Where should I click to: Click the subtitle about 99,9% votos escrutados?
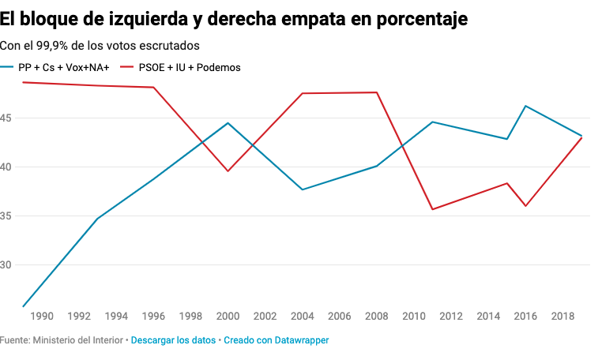(100, 46)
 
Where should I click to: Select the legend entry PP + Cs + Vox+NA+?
(63, 67)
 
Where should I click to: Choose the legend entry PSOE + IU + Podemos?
(189, 67)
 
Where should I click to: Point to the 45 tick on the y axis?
(6, 118)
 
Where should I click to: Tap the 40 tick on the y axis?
(6, 167)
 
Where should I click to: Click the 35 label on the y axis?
(6, 216)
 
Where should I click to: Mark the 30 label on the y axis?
(6, 265)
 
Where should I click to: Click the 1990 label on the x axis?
(41, 317)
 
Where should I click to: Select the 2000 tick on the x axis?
(228, 317)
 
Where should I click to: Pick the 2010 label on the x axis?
(414, 317)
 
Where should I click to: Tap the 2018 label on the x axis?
(563, 317)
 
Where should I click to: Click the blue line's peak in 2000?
(228, 123)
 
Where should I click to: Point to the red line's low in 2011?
(433, 209)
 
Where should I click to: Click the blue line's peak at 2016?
(526, 106)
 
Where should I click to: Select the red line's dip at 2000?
(228, 171)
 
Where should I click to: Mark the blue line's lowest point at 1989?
(23, 306)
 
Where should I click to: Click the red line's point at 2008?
(377, 92)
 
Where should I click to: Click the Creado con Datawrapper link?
(276, 340)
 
